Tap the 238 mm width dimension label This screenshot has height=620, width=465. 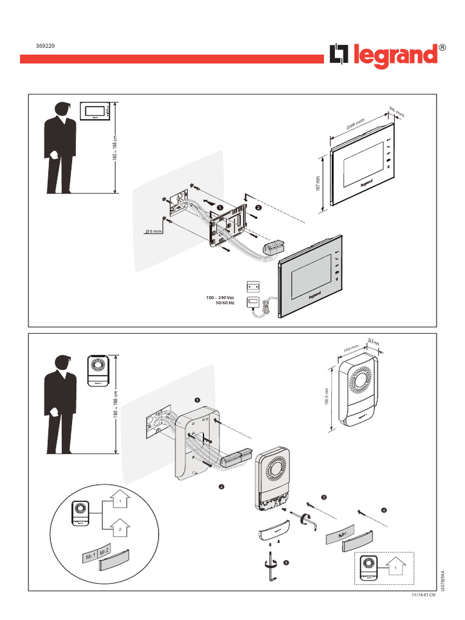click(x=356, y=124)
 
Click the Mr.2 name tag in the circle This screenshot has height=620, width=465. click(x=104, y=551)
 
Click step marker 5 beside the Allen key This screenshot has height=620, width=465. click(x=286, y=562)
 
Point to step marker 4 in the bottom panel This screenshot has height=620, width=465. click(x=383, y=509)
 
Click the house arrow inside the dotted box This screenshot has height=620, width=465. click(x=395, y=568)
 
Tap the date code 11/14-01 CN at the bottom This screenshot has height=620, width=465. click(x=423, y=596)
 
